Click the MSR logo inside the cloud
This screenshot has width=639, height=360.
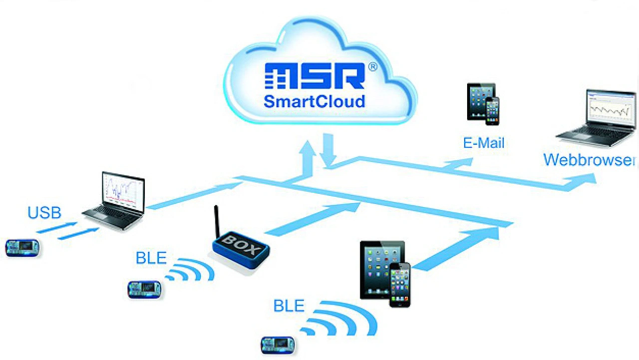coord(315,75)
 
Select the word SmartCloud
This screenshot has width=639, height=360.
coord(315,101)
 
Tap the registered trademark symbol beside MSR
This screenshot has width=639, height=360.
coord(373,67)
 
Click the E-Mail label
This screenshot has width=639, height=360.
coord(484,143)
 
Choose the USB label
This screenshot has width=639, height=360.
coord(44,213)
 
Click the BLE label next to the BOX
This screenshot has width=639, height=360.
coord(151,258)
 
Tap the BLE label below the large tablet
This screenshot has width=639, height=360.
coord(289,306)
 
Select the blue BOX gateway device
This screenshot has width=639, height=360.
coord(241,249)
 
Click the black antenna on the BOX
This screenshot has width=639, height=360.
coord(217,221)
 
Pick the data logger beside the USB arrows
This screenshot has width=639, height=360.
coord(22,248)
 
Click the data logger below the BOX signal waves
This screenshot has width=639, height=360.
coord(144,290)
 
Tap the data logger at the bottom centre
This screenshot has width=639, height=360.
coord(278,345)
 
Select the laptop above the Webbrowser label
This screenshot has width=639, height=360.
coord(597,119)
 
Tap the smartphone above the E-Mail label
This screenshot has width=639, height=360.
coord(492,111)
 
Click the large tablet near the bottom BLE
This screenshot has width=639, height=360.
coord(382,270)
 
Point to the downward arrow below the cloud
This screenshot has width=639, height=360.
coord(328,150)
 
